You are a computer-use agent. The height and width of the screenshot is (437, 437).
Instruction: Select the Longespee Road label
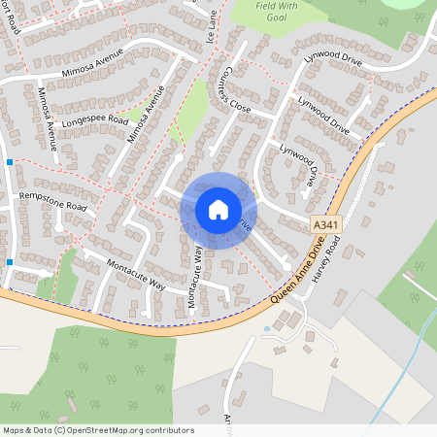point(94,120)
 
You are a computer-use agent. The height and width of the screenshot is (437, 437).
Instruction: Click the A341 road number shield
point(326,224)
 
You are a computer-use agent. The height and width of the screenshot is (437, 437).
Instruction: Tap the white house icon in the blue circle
point(218,209)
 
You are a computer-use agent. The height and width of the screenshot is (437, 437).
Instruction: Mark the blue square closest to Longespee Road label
point(9,161)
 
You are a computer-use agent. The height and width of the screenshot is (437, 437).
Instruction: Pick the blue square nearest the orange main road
point(9,262)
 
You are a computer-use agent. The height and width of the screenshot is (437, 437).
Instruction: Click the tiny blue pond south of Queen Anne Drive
point(267,328)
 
